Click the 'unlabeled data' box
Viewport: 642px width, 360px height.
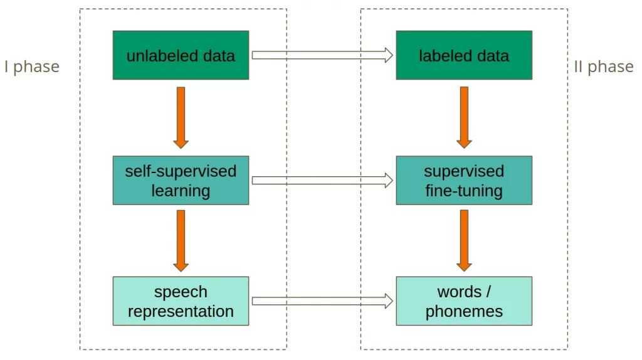[x=181, y=55]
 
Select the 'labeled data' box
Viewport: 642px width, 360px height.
[x=464, y=55]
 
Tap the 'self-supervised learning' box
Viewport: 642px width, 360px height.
[x=181, y=181]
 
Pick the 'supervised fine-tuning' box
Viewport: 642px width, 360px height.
[x=464, y=181]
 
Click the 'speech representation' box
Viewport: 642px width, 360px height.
[x=181, y=301]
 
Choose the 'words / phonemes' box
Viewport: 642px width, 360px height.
[x=464, y=301]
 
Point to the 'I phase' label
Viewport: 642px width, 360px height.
[x=32, y=66]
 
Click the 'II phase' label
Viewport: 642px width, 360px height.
[x=603, y=66]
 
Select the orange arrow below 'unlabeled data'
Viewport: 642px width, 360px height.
[x=181, y=117]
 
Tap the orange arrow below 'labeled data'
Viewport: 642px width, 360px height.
[x=464, y=117]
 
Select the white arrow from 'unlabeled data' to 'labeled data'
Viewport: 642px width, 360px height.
[x=322, y=55]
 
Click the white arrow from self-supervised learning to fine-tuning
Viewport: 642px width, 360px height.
[x=322, y=181]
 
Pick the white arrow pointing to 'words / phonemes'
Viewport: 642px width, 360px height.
[x=322, y=302]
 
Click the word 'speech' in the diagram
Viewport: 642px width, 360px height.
[x=181, y=292]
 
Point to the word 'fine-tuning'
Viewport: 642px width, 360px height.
[x=464, y=191]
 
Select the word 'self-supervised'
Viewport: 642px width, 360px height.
[x=181, y=171]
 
